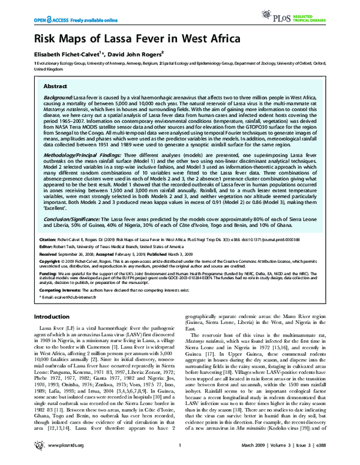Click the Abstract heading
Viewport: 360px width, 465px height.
(x=55, y=86)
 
